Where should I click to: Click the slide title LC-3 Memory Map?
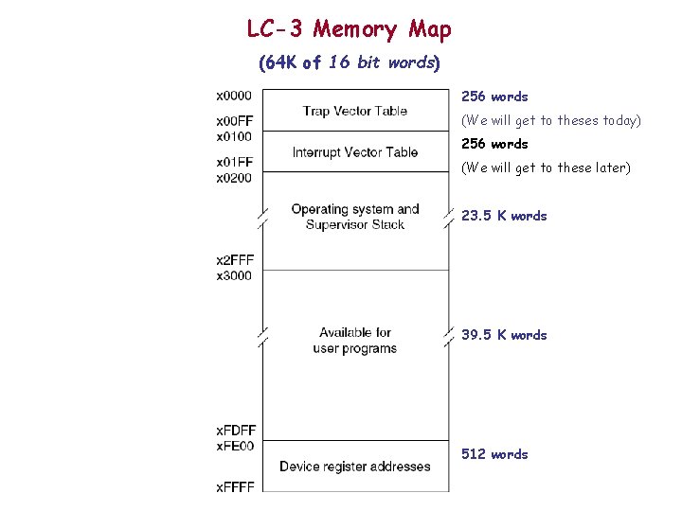(349, 29)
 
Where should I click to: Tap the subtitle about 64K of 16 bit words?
(349, 63)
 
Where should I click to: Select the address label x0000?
(234, 95)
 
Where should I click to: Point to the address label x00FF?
(234, 121)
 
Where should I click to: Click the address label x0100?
(234, 135)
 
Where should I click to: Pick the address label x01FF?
(234, 163)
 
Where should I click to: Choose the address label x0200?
(234, 177)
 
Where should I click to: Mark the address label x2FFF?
(234, 260)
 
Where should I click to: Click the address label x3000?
(234, 274)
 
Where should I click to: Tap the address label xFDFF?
(235, 432)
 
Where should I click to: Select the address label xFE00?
(234, 446)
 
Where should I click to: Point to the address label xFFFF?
(234, 486)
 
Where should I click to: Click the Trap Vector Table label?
(355, 111)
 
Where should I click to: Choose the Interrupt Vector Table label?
(355, 152)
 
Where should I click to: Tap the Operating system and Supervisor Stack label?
(355, 217)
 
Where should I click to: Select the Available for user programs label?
(355, 341)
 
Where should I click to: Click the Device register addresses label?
(355, 467)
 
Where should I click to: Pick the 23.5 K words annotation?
(504, 216)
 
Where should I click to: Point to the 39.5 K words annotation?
(504, 335)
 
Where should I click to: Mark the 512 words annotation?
(494, 454)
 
